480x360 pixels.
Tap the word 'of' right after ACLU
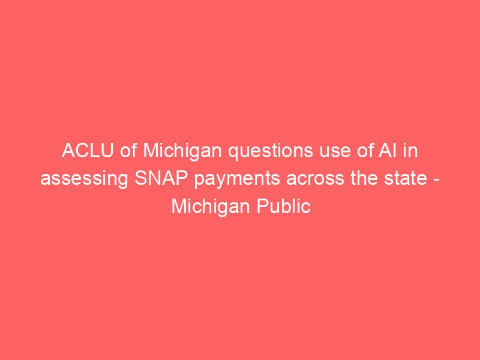pos(128,151)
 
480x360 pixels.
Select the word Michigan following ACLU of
pos(182,152)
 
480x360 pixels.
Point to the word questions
pos(271,152)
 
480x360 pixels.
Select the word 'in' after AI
pos(410,151)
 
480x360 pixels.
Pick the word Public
pos(283,206)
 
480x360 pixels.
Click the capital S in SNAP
pos(141,178)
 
